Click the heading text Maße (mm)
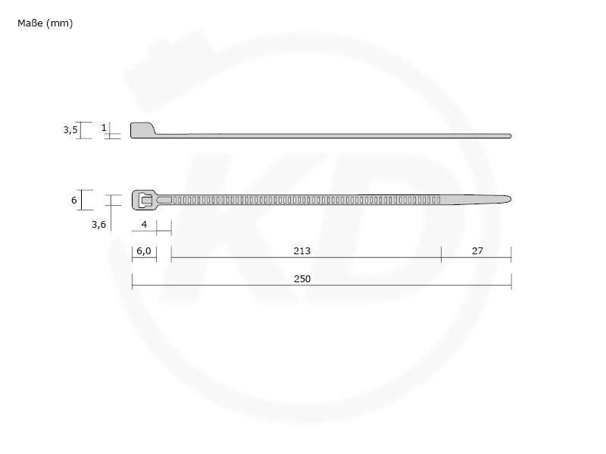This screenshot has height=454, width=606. (45, 23)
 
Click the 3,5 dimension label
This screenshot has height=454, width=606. (70, 130)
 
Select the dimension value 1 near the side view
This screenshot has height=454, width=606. (104, 127)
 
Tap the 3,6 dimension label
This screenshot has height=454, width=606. (98, 225)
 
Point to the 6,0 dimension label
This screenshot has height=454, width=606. (144, 251)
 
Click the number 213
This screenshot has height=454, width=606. (301, 251)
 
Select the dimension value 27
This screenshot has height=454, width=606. (477, 251)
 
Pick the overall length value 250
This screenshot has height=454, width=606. (301, 278)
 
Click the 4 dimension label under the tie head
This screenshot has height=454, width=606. (144, 224)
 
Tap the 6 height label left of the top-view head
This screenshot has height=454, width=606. (73, 200)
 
